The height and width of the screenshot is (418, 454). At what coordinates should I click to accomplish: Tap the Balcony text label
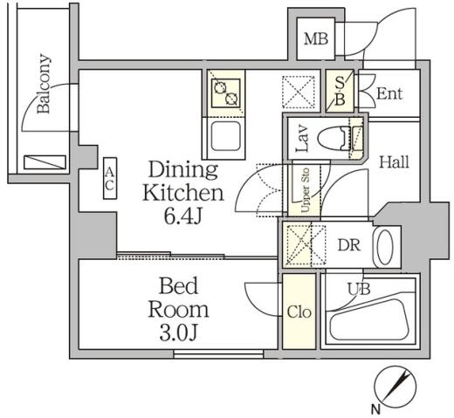click(44, 85)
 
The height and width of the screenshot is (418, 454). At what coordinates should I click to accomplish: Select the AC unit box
click(111, 181)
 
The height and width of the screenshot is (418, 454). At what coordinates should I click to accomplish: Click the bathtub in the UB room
click(370, 316)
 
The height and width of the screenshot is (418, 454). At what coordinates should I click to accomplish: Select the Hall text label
click(394, 161)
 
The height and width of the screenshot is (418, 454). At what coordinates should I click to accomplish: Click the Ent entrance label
click(389, 93)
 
